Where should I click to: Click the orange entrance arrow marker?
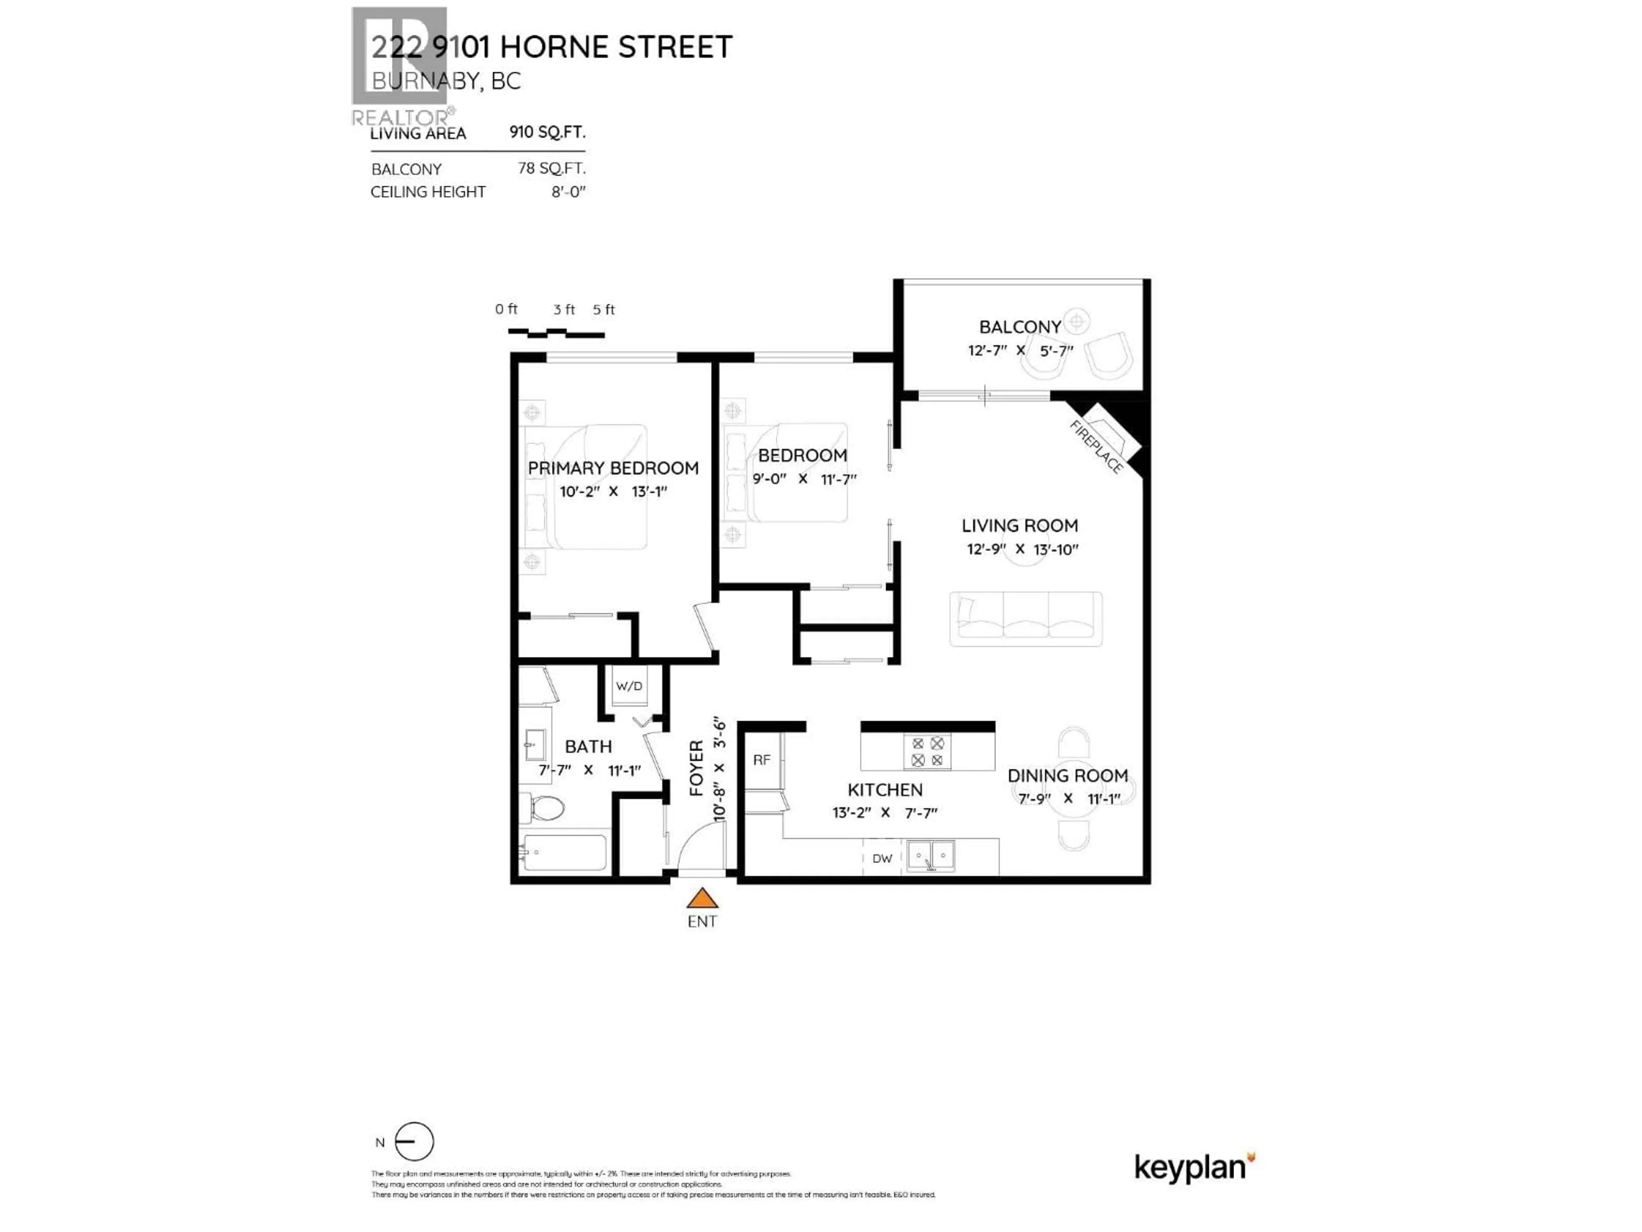(x=702, y=899)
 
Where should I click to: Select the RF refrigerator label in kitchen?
(x=762, y=760)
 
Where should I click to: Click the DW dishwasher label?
(x=882, y=859)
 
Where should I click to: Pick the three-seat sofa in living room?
(x=1025, y=619)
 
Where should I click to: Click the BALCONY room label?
(x=1020, y=327)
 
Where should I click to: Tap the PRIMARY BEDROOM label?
(x=613, y=468)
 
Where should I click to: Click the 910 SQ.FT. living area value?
(x=547, y=132)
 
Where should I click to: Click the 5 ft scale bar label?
(x=603, y=310)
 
